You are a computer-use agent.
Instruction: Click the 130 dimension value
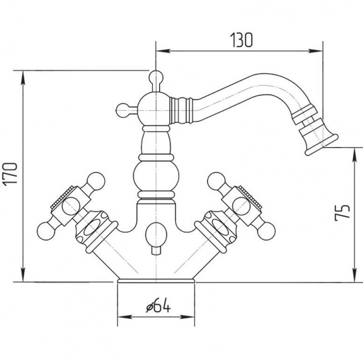click(x=241, y=40)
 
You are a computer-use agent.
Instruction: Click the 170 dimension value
click(x=10, y=174)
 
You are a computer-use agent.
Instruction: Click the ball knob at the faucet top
click(x=155, y=77)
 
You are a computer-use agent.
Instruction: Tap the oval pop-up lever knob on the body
click(x=156, y=234)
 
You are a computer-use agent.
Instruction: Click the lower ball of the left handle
click(x=46, y=231)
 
